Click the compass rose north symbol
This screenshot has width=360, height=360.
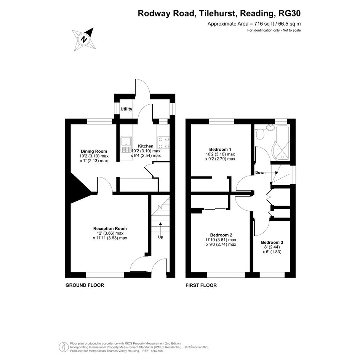[83, 39]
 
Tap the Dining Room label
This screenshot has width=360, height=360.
[94, 151]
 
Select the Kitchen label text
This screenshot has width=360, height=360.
[146, 146]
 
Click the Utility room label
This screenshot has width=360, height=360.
[126, 109]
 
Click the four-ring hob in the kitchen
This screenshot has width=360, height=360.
[163, 143]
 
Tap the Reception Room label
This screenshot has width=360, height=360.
[110, 229]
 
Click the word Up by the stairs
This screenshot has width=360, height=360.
[160, 237]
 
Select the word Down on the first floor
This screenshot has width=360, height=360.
[261, 173]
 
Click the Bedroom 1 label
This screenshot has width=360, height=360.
[220, 149]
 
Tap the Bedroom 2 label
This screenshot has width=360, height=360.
[221, 235]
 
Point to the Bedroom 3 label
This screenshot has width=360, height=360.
[272, 242]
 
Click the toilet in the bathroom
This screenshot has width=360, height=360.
[261, 134]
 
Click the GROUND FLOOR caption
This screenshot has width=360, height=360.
[85, 285]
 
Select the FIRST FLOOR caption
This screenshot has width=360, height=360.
[201, 285]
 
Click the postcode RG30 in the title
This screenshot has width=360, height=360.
[290, 14]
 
